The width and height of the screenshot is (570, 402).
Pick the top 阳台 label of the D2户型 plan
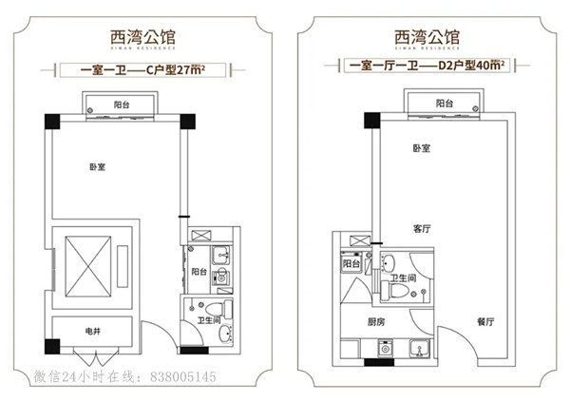[445, 103]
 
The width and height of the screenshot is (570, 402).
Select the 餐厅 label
[485, 322]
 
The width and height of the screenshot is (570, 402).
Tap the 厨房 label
[377, 322]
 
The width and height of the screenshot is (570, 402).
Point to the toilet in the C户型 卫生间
[215, 308]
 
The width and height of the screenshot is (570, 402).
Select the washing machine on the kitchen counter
[386, 349]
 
